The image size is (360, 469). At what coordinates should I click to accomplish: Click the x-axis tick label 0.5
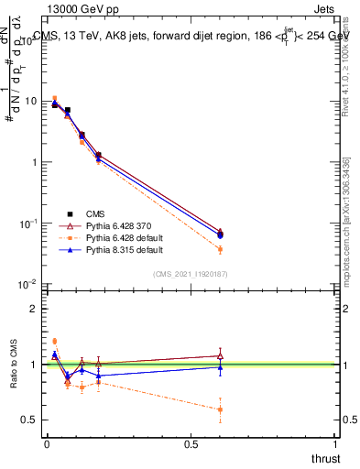click(x=191, y=444)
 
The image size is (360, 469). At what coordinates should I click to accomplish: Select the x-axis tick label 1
click(x=336, y=444)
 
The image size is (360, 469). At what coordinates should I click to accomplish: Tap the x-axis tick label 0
click(x=46, y=444)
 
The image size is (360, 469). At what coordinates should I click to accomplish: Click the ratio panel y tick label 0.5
click(x=27, y=420)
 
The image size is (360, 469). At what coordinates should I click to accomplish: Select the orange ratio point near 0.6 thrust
click(x=220, y=409)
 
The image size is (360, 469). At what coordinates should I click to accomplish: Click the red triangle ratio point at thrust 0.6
click(x=220, y=355)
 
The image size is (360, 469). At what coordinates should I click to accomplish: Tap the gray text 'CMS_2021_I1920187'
click(x=191, y=273)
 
